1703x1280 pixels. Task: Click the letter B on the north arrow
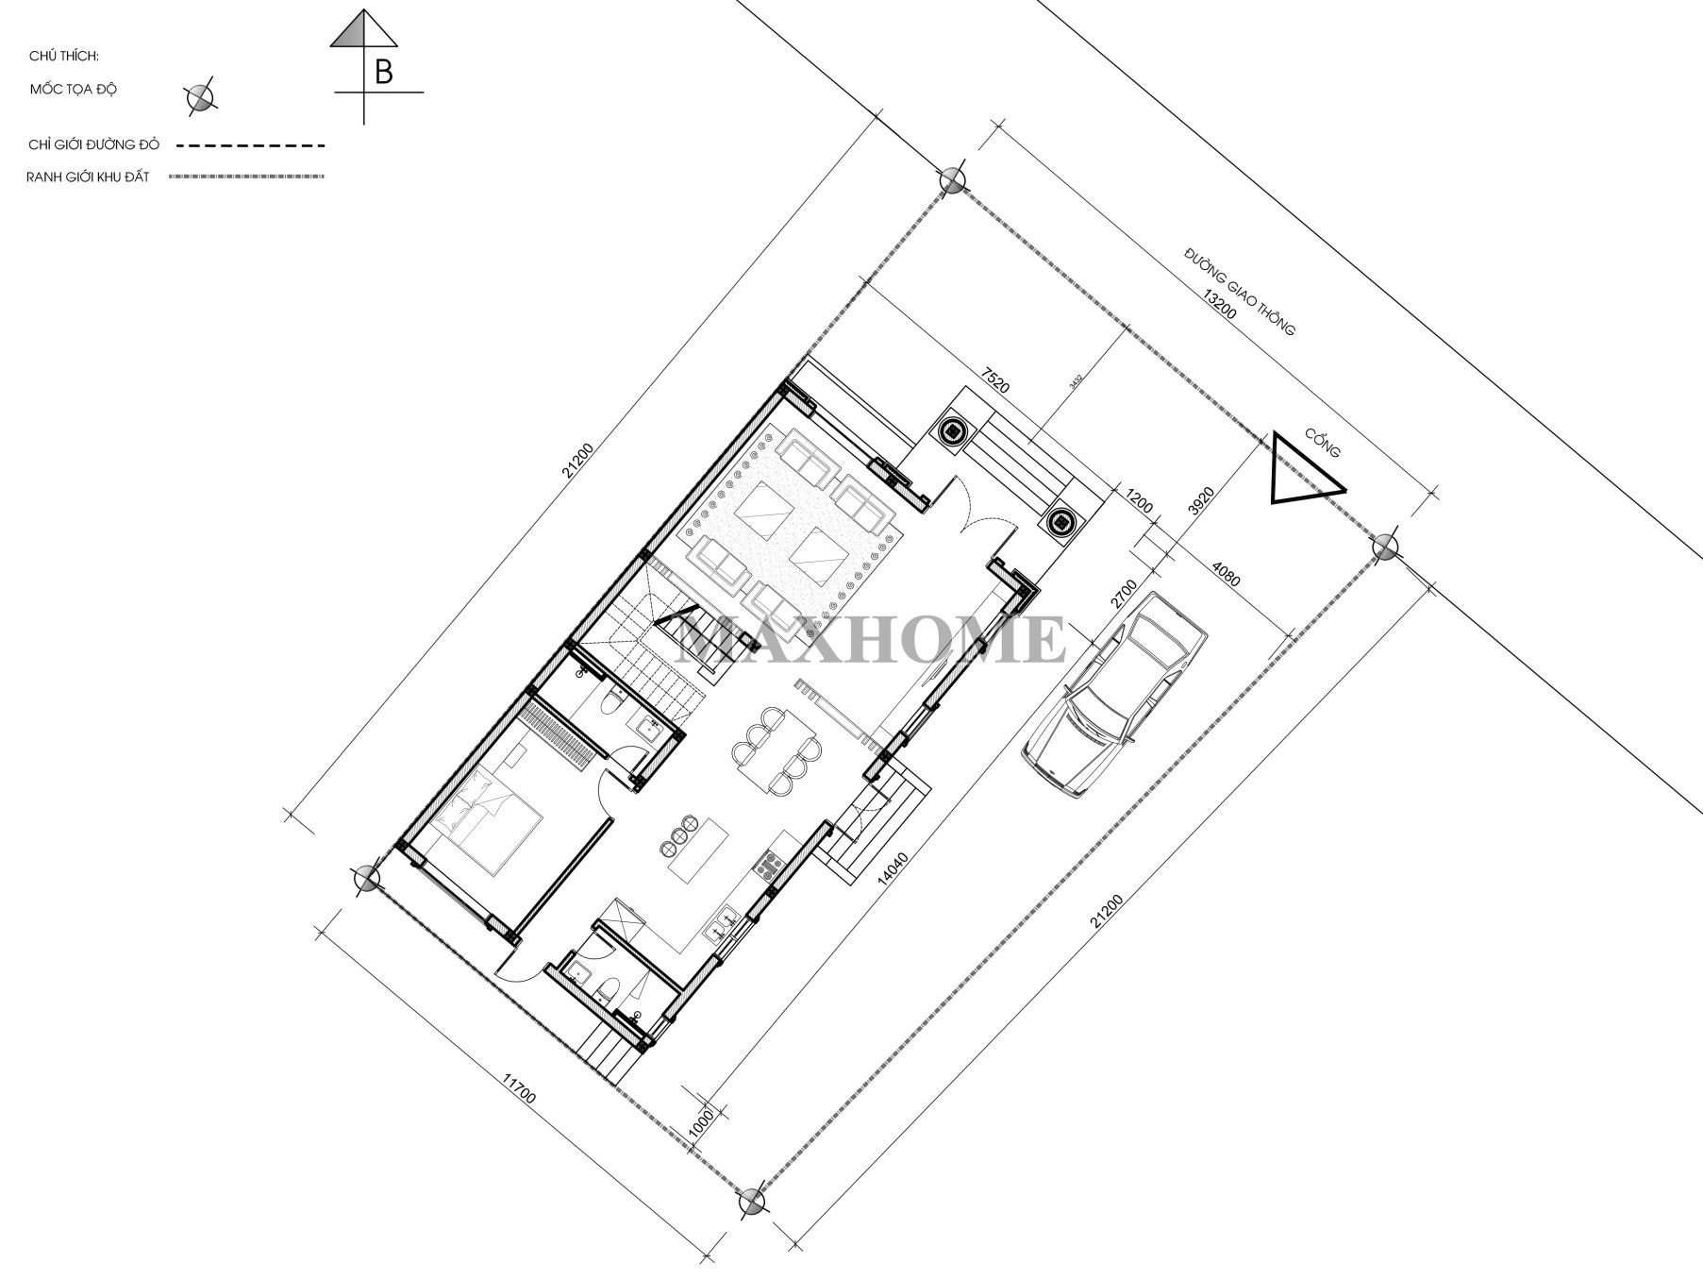pos(383,72)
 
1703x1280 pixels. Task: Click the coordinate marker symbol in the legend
pos(201,95)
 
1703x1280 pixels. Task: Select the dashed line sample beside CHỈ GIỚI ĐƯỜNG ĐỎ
pos(250,145)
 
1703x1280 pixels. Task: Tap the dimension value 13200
pos(1218,306)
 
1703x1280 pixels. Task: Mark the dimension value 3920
pos(1200,501)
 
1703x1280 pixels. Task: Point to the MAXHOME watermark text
pos(872,639)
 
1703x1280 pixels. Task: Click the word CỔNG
pos(1322,443)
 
